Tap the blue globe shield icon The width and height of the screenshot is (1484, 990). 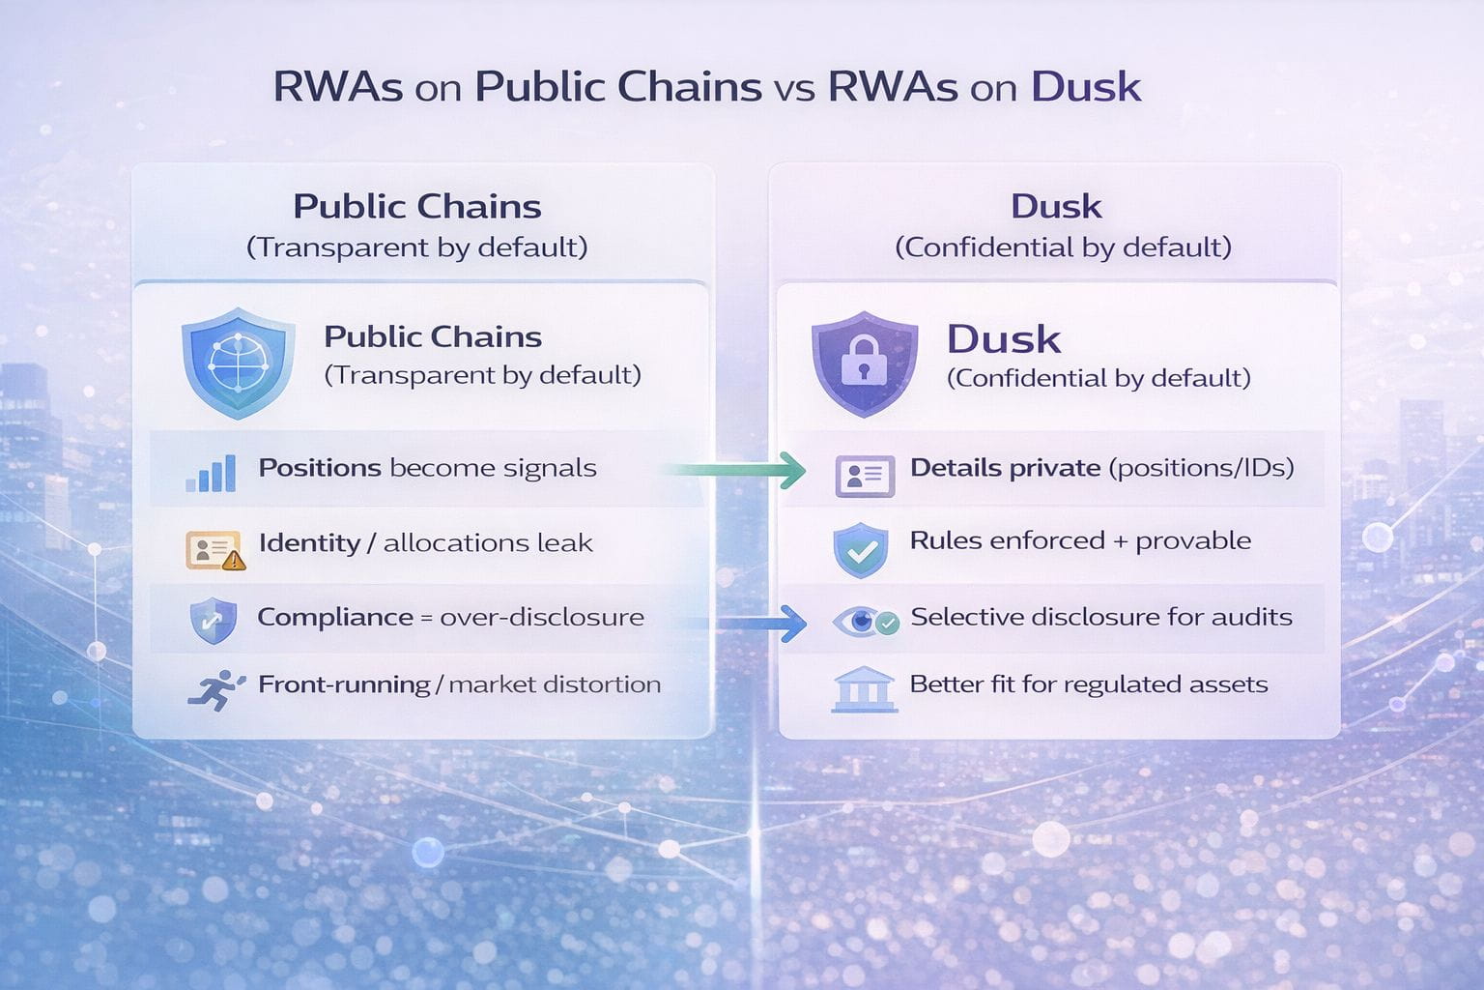pyautogui.click(x=238, y=363)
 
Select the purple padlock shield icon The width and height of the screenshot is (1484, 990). pyautogui.click(x=864, y=364)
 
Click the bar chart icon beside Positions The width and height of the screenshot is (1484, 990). pyautogui.click(x=211, y=473)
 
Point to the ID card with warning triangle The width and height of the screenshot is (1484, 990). pyautogui.click(x=215, y=550)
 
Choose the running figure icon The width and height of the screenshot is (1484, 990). pyautogui.click(x=216, y=690)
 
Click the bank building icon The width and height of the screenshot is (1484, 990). pyautogui.click(x=864, y=689)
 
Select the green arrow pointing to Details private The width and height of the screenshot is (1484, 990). pyautogui.click(x=735, y=470)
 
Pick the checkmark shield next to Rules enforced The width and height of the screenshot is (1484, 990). pyautogui.click(x=861, y=550)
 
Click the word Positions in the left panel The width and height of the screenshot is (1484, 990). pyautogui.click(x=320, y=468)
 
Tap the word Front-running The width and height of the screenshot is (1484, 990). pyautogui.click(x=344, y=684)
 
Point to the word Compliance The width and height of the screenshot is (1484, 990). pyautogui.click(x=334, y=618)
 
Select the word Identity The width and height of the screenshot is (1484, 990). pyautogui.click(x=309, y=543)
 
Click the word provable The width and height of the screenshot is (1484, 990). pyautogui.click(x=1193, y=541)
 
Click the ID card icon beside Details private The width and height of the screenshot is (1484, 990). pyautogui.click(x=865, y=476)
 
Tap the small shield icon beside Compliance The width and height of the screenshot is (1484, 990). pyautogui.click(x=213, y=621)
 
